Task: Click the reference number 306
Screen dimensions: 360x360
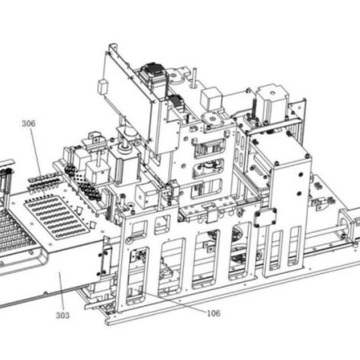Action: [28, 124]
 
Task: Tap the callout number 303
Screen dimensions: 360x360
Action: [63, 315]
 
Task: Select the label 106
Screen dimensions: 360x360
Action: [214, 313]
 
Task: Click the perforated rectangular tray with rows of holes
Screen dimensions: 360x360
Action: [56, 217]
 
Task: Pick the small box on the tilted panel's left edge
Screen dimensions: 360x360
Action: [102, 87]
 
